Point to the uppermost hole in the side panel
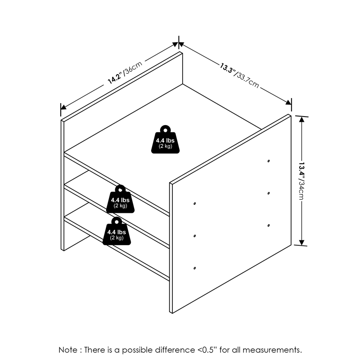pyautogui.click(x=269, y=161)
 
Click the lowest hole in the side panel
pyautogui.click(x=194, y=269)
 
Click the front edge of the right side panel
pyautogui.click(x=171, y=247)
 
